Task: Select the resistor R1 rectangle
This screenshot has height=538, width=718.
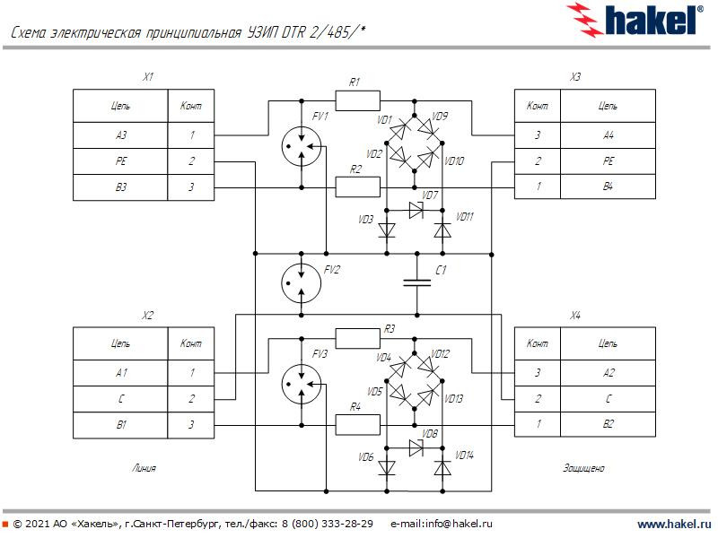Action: tap(357, 100)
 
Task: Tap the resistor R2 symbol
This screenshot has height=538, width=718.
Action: tap(357, 187)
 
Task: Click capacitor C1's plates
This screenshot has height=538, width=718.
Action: tap(416, 282)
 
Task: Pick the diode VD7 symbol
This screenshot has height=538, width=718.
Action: tap(416, 210)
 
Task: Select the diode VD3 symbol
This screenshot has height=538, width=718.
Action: tap(387, 230)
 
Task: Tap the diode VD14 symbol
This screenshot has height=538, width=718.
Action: tap(442, 467)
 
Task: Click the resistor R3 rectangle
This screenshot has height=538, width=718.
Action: tap(357, 338)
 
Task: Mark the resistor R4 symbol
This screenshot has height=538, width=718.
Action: tap(357, 424)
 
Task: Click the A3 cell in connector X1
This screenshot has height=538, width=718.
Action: tap(120, 136)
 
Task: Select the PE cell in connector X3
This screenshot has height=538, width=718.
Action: tap(608, 161)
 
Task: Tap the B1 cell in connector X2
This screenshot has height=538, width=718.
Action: tap(120, 425)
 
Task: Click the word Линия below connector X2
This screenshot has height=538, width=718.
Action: tap(144, 468)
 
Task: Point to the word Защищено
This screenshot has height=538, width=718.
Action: tap(583, 468)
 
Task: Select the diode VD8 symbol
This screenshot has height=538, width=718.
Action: tap(416, 447)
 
